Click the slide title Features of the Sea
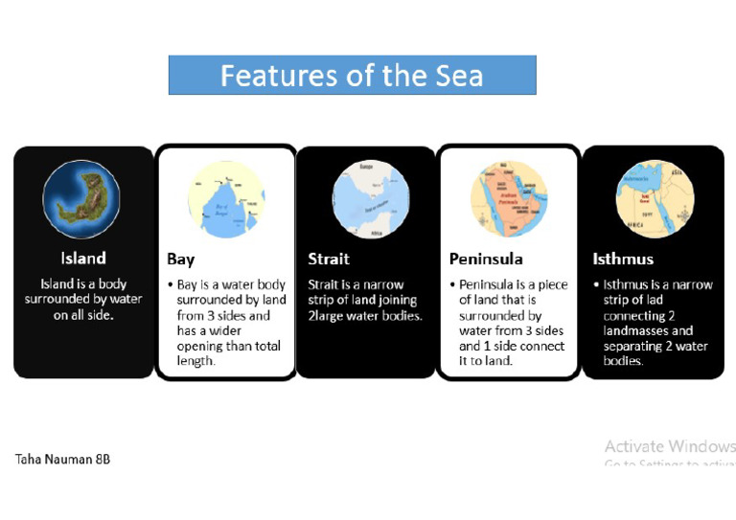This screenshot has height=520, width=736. pyautogui.click(x=352, y=75)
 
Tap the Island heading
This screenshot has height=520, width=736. pyautogui.click(x=83, y=258)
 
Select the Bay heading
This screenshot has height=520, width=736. pyautogui.click(x=180, y=260)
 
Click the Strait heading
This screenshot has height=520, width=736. pyautogui.click(x=328, y=259)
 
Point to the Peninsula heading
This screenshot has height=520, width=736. pyautogui.click(x=485, y=259)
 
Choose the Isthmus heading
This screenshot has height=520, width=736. pyautogui.click(x=623, y=259)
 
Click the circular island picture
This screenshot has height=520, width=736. pyautogui.click(x=81, y=199)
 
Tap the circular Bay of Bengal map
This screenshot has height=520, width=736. pyautogui.click(x=226, y=199)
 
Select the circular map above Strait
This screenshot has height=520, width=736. pyautogui.click(x=370, y=199)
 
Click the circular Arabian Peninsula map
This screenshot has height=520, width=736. pyautogui.click(x=509, y=199)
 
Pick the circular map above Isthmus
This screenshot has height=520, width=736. pyautogui.click(x=651, y=199)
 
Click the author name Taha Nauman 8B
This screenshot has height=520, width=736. pyautogui.click(x=62, y=459)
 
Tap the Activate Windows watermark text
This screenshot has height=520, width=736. pyautogui.click(x=670, y=446)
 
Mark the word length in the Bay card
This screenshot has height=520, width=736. pyautogui.click(x=195, y=361)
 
